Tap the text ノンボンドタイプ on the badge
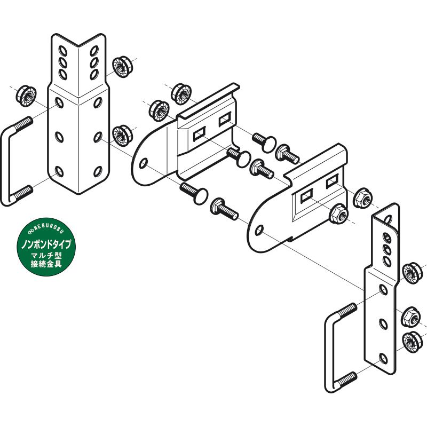pos(46,244)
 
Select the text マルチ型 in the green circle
pos(46,256)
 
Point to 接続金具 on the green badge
pos(46,264)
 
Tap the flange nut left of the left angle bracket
pos(26,96)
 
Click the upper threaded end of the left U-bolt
pos(23,123)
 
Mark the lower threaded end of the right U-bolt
pos(346,378)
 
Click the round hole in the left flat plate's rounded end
pos(143,164)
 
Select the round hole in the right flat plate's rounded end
pos(259,230)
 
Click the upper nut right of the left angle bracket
pos(123,67)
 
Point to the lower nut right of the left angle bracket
pos(123,136)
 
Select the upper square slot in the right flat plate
pos(332,181)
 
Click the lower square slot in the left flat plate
pos(200,134)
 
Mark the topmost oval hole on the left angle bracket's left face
pos(63,51)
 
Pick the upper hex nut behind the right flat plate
pos(363,197)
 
